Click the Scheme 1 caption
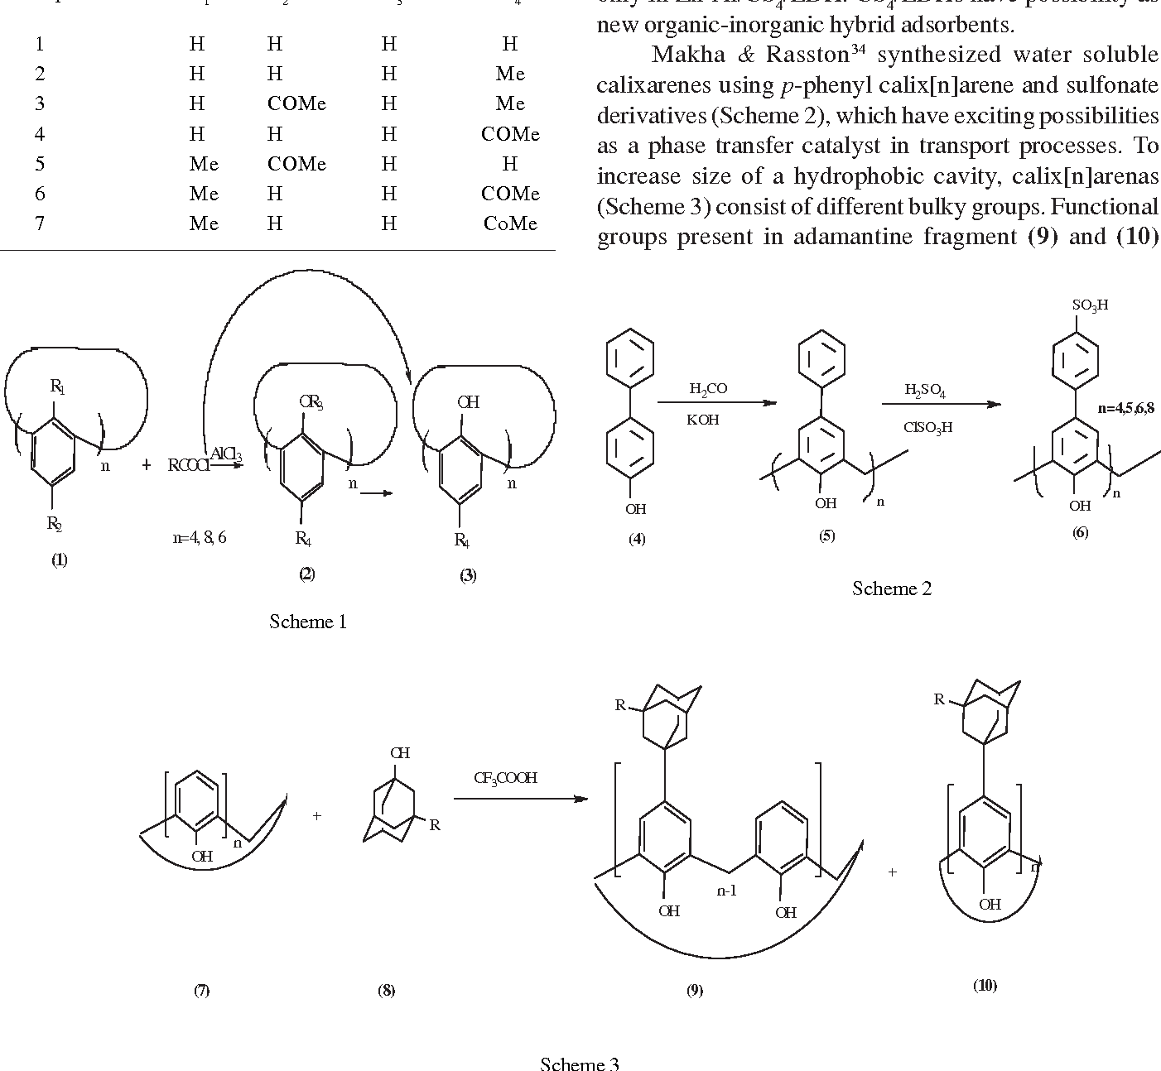coord(307,622)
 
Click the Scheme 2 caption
coord(892,588)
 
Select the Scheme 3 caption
coord(580,1064)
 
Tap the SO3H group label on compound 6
coord(1090,305)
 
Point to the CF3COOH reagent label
coord(505,778)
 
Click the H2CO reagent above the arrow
coord(708,388)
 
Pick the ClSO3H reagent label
coord(928,427)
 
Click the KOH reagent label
coord(702,420)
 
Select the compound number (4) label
coord(637,540)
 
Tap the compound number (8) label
coord(386,991)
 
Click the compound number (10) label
coord(985,985)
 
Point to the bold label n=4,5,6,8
coord(1126,408)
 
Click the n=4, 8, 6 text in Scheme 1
coord(199,537)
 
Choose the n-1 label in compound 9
coord(726,891)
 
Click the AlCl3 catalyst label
coord(224,454)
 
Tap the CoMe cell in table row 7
coord(510,223)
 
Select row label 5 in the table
coord(40,164)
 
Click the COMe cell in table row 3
coord(296,103)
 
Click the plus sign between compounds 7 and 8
coord(316,816)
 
